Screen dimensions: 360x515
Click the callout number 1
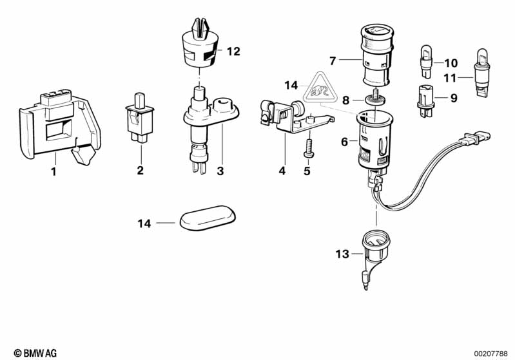click(54, 171)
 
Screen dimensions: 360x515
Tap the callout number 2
click(140, 171)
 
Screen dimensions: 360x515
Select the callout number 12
click(233, 52)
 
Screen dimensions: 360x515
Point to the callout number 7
click(333, 61)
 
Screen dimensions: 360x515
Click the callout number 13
click(342, 254)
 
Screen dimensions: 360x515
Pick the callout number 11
click(449, 78)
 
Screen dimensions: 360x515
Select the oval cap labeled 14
click(206, 218)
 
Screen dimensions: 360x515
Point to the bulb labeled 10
click(425, 60)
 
